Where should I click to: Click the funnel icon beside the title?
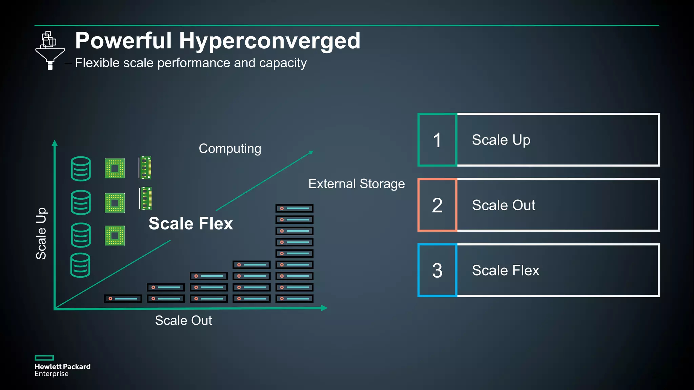pyautogui.click(x=50, y=51)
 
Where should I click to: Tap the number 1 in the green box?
pyautogui.click(x=437, y=140)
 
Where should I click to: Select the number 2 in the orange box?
pyautogui.click(x=437, y=205)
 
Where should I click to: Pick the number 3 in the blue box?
pyautogui.click(x=437, y=270)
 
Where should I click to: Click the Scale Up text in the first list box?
pyautogui.click(x=501, y=140)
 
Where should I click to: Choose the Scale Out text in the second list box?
pyautogui.click(x=504, y=205)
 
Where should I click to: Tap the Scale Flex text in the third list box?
pyautogui.click(x=505, y=270)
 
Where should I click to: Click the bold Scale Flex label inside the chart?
pyautogui.click(x=191, y=224)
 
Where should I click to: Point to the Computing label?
pyautogui.click(x=230, y=149)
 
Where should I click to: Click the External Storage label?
pyautogui.click(x=356, y=184)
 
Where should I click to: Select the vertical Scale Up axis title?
pyautogui.click(x=41, y=234)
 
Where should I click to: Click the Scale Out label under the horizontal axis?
pyautogui.click(x=183, y=321)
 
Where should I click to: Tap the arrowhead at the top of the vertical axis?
pyautogui.click(x=55, y=143)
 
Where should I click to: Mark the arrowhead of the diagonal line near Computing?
pyautogui.click(x=311, y=153)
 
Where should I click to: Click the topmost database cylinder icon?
pyautogui.click(x=81, y=169)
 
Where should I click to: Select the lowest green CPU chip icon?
pyautogui.click(x=115, y=236)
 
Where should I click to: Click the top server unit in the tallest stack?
pyautogui.click(x=294, y=208)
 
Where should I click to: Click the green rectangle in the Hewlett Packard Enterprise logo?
pyautogui.click(x=44, y=358)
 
